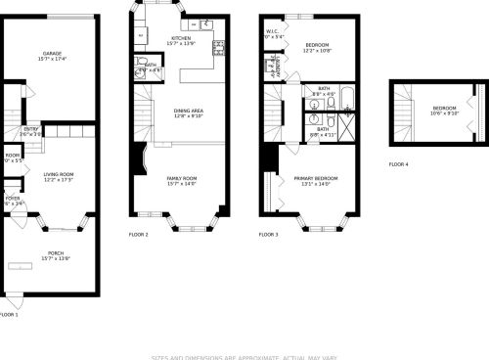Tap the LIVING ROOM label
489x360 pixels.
pos(60,174)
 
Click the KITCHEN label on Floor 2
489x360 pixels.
pos(181,38)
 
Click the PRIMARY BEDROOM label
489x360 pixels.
pos(316,177)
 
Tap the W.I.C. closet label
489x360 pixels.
pos(273,31)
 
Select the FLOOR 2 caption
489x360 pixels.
pos(139,235)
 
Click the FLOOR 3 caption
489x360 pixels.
pos(268,235)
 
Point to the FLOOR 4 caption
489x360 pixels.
pos(398,163)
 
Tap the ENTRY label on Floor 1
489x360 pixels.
pos(31,128)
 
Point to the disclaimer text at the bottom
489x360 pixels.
pos(244,356)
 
